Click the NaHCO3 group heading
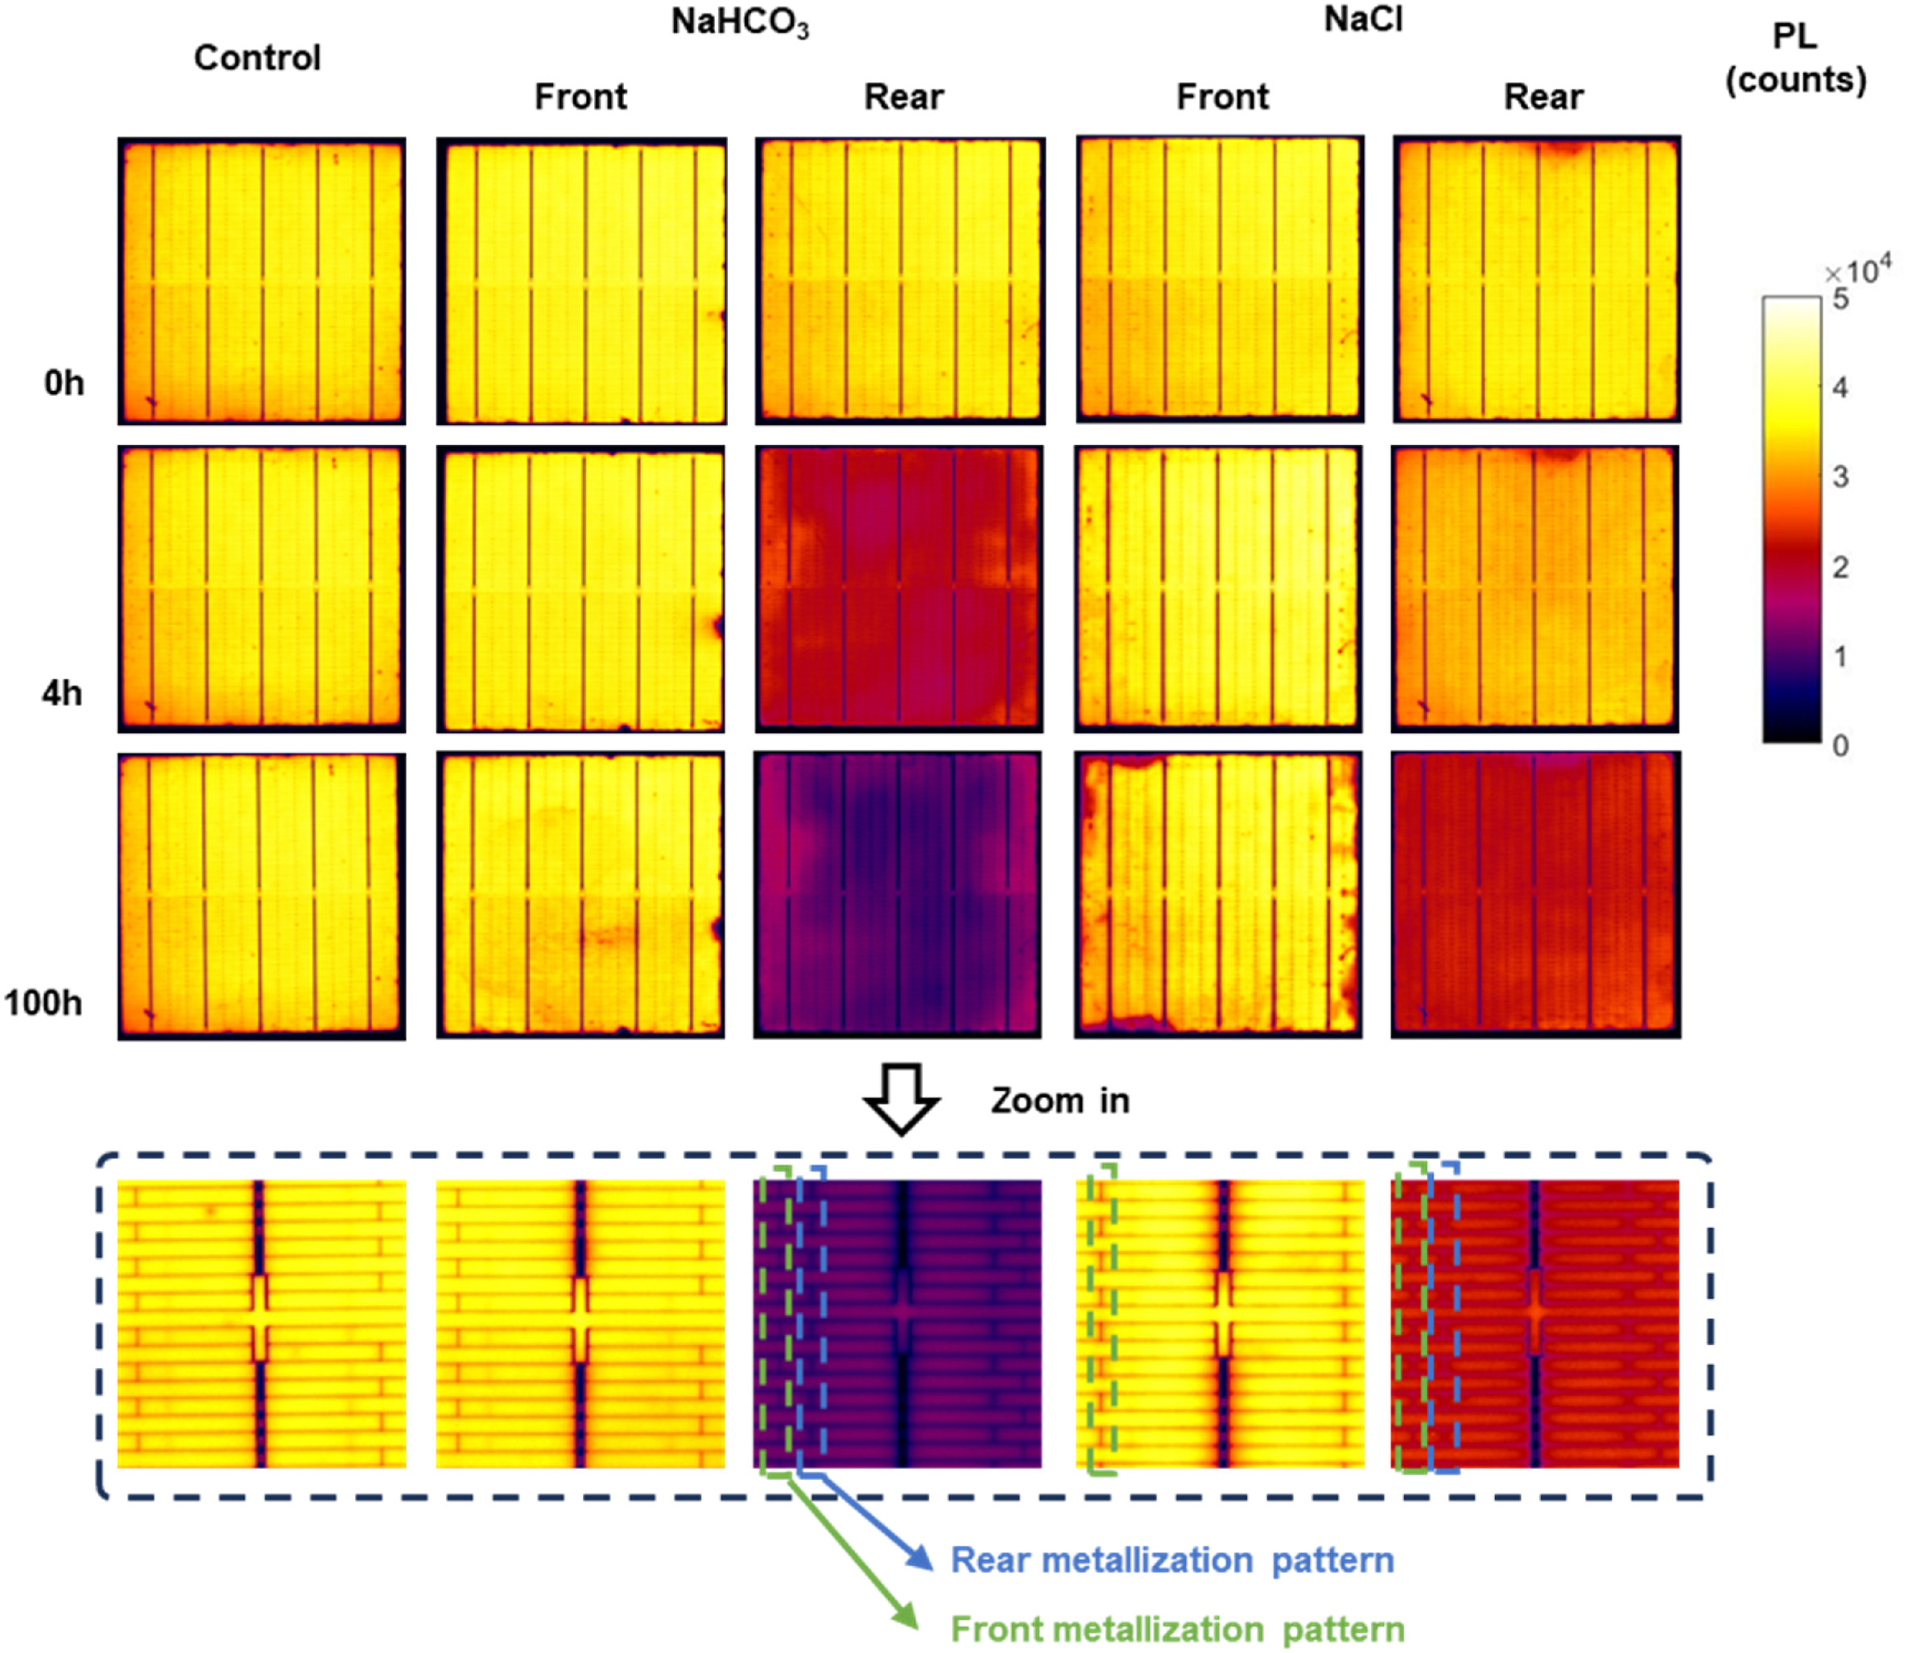click(x=740, y=23)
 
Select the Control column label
click(x=258, y=57)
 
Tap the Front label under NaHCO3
click(x=580, y=96)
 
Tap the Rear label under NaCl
click(x=1543, y=96)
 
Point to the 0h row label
click(x=64, y=382)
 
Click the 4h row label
click(x=62, y=692)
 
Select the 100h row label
click(x=43, y=1003)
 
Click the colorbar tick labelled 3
click(x=1840, y=477)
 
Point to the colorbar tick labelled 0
click(x=1840, y=745)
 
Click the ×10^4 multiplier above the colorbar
click(x=1856, y=271)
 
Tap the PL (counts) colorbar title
click(x=1795, y=58)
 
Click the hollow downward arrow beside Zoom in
click(x=902, y=1099)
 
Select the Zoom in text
click(x=1060, y=1100)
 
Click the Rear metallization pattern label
click(x=1171, y=1560)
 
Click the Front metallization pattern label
click(x=1177, y=1629)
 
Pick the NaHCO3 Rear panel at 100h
click(x=898, y=895)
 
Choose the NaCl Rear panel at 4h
click(x=1535, y=588)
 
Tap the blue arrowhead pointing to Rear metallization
click(x=920, y=1558)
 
